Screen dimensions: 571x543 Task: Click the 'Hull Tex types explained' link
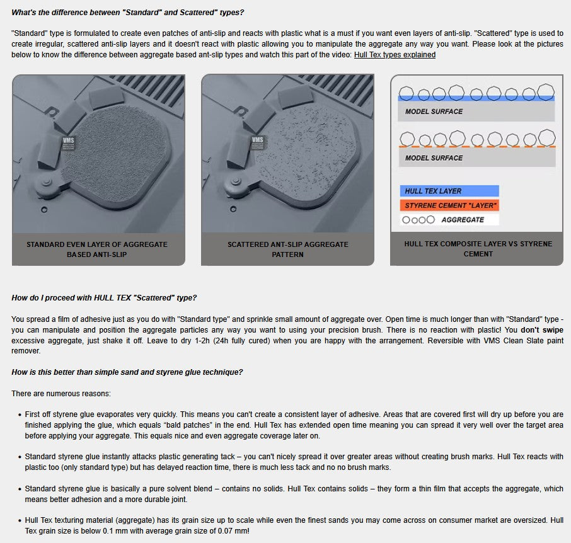point(395,55)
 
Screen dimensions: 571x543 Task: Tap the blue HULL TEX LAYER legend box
point(449,191)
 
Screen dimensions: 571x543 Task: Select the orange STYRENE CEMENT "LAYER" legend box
point(449,205)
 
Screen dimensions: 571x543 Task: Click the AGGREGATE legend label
point(463,220)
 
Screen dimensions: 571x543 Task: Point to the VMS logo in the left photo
point(69,143)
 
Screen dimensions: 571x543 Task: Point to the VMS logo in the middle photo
point(258,142)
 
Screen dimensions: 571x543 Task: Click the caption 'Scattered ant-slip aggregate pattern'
point(287,249)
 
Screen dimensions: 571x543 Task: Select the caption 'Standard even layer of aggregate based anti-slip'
point(97,249)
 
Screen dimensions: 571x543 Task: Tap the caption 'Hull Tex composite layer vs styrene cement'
point(478,249)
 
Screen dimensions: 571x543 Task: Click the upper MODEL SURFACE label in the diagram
point(434,111)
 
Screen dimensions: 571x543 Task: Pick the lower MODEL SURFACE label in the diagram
point(434,158)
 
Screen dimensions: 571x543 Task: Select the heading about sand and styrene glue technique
point(127,372)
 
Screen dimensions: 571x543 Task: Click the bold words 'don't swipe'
point(542,330)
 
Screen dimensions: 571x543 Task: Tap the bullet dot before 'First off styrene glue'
point(20,415)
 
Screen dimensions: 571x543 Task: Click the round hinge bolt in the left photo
point(47,181)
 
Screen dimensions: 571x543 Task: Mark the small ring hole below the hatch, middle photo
point(233,209)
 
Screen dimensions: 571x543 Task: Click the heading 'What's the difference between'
point(127,13)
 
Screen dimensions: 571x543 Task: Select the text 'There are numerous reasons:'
point(61,394)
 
